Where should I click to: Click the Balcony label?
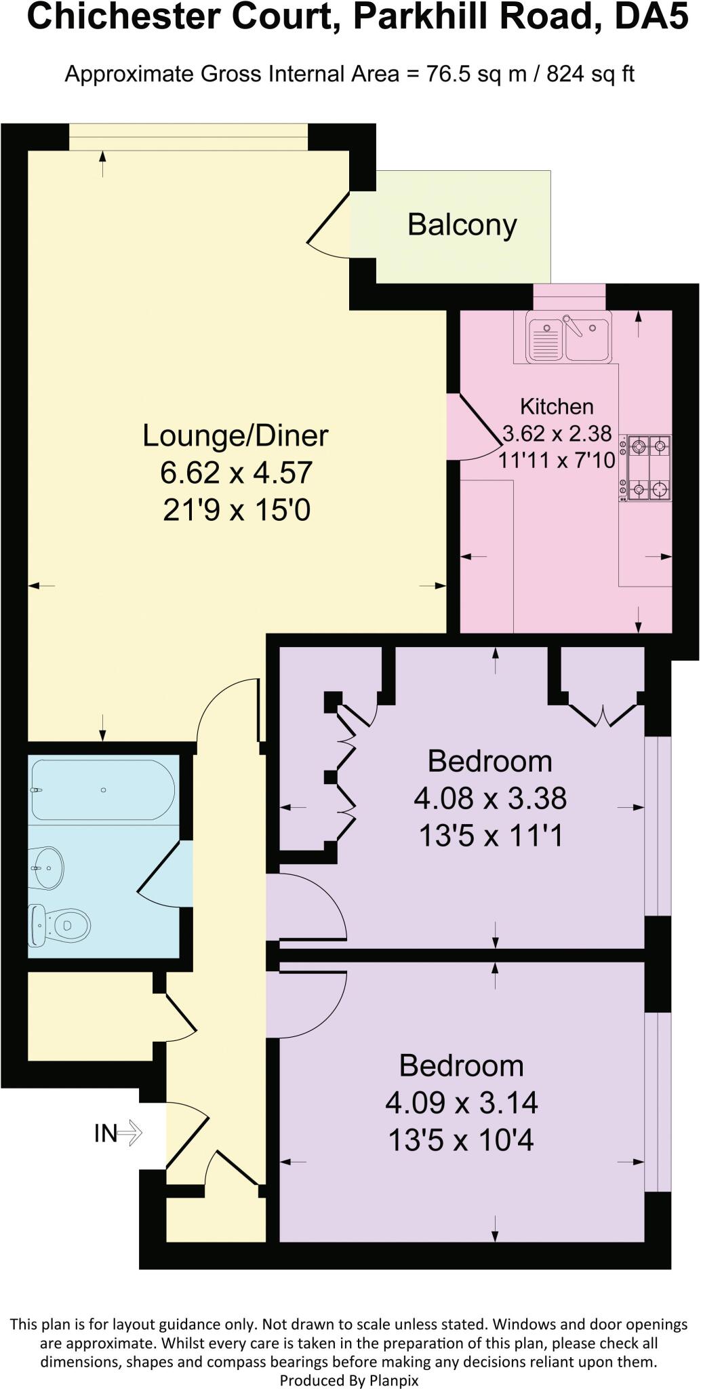[x=462, y=225]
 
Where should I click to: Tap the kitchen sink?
[x=568, y=337]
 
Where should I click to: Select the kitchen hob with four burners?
[x=648, y=468]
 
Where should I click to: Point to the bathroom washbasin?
[x=47, y=867]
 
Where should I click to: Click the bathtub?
[x=102, y=790]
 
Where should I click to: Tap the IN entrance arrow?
[x=119, y=1133]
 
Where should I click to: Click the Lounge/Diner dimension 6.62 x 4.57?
[x=236, y=473]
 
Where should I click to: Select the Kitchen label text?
[x=557, y=406]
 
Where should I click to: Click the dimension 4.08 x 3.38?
[x=490, y=798]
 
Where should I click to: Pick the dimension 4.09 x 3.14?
[x=462, y=1103]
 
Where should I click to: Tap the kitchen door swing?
[x=478, y=427]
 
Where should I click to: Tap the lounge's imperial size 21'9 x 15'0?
[x=236, y=509]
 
